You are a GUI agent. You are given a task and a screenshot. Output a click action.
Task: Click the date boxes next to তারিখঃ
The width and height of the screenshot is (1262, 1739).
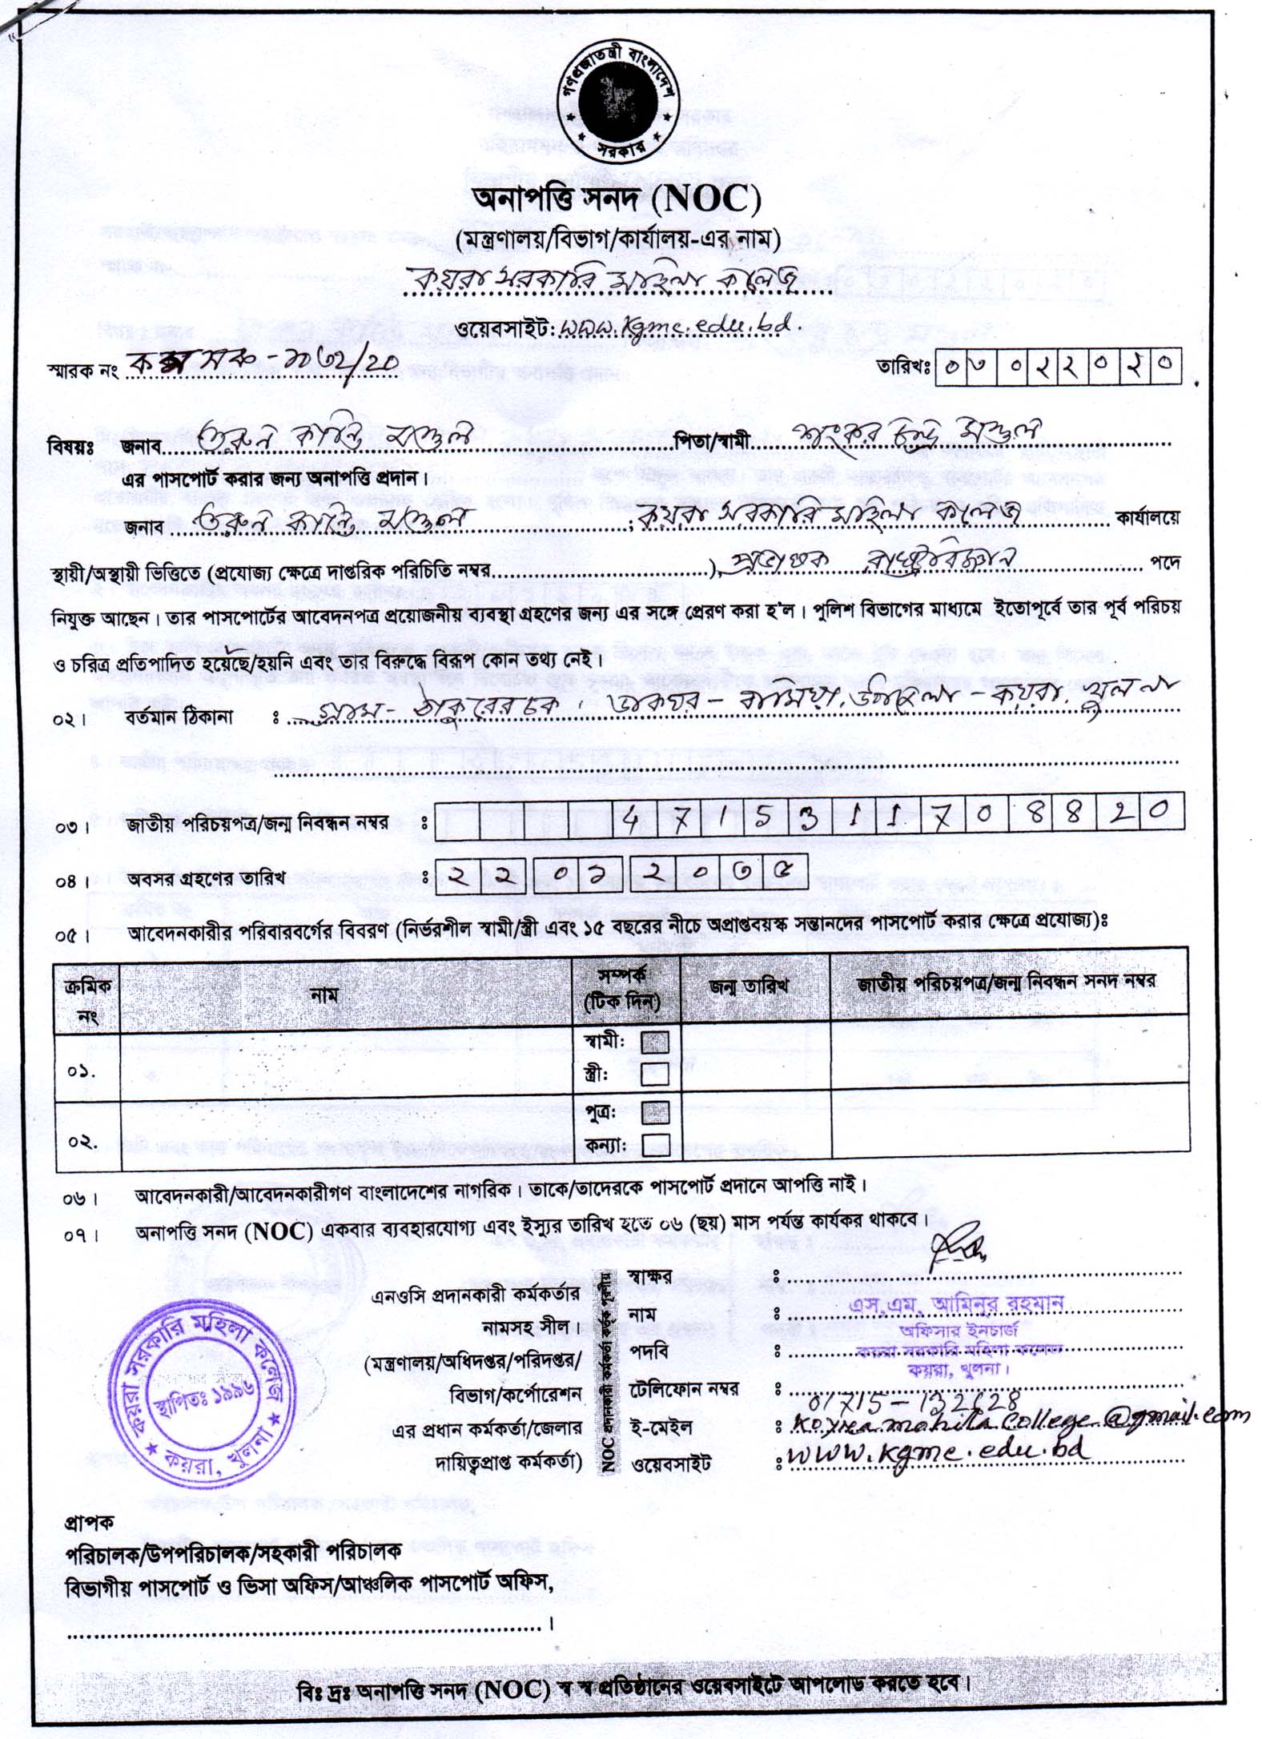click(x=1058, y=366)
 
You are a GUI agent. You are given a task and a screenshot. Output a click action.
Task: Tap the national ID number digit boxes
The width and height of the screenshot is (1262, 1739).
click(x=810, y=817)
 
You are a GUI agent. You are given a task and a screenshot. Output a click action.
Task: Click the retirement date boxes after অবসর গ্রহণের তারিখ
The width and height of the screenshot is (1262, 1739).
click(x=621, y=874)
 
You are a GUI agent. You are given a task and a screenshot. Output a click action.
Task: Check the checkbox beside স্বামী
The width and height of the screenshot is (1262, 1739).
click(x=655, y=1042)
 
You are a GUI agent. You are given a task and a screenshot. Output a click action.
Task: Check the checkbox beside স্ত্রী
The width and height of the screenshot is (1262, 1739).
click(x=655, y=1074)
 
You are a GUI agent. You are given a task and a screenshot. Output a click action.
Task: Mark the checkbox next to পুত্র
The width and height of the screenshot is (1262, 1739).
click(x=655, y=1112)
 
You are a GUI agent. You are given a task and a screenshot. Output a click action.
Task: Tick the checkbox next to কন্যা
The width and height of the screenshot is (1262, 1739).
click(x=655, y=1144)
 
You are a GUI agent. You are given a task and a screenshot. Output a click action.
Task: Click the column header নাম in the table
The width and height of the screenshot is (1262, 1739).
click(x=324, y=995)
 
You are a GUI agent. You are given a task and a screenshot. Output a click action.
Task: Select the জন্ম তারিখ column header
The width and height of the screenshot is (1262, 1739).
click(x=748, y=986)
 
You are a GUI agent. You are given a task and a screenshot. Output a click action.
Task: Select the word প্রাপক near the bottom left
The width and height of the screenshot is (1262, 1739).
click(x=88, y=1521)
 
